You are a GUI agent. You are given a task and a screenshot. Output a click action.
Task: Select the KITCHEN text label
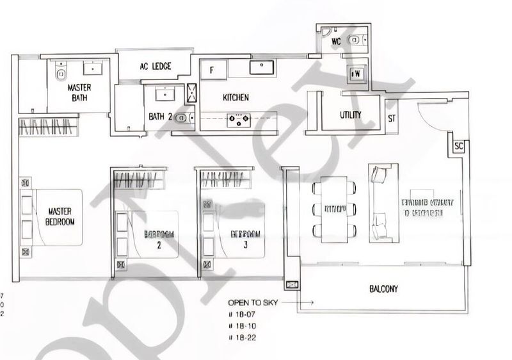pyautogui.click(x=235, y=98)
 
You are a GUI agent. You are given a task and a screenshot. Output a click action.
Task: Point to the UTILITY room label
pyautogui.click(x=350, y=115)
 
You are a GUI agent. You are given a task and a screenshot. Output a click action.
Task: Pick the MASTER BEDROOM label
pyautogui.click(x=61, y=217)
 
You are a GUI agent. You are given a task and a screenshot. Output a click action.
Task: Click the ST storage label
pyautogui.click(x=392, y=119)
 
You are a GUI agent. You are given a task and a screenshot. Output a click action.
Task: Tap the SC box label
pyautogui.click(x=458, y=146)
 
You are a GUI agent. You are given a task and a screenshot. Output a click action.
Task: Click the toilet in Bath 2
pyautogui.click(x=182, y=118)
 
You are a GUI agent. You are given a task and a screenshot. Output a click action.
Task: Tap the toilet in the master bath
pyautogui.click(x=61, y=69)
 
